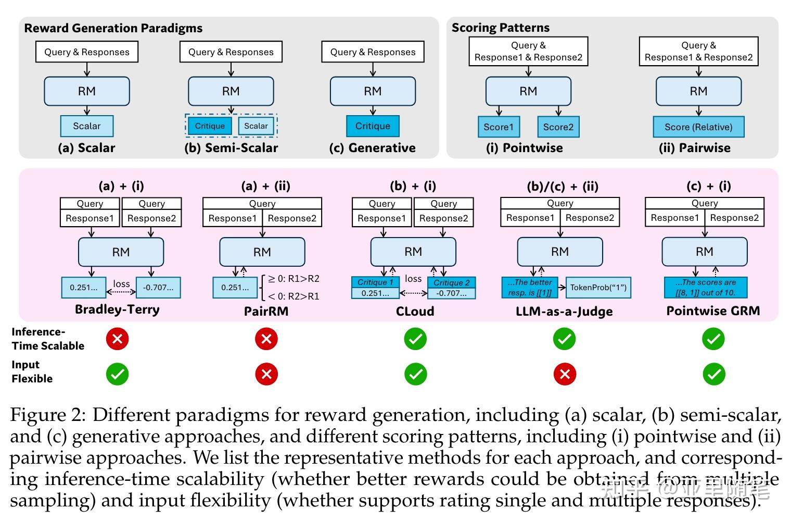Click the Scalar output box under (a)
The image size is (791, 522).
point(86,126)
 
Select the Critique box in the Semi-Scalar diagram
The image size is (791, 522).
point(210,126)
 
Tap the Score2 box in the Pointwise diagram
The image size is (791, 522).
point(558,127)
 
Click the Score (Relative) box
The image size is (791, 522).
point(698,127)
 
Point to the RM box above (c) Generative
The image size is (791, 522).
point(373,91)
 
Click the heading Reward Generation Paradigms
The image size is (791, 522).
point(113,28)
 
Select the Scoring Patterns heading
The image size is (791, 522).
point(500,28)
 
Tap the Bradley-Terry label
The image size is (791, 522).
point(117,309)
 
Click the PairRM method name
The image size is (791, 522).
point(266,312)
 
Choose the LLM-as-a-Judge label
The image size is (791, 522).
point(564,312)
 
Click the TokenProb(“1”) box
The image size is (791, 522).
point(598,288)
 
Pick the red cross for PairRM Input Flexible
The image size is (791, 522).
point(266,374)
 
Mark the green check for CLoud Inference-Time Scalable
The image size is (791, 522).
point(415,339)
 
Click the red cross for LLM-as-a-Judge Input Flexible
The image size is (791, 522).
point(565,374)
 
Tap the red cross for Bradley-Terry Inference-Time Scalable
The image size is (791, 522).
point(118,339)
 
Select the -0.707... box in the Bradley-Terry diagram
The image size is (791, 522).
point(158,288)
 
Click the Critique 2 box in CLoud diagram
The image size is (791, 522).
point(451,282)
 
